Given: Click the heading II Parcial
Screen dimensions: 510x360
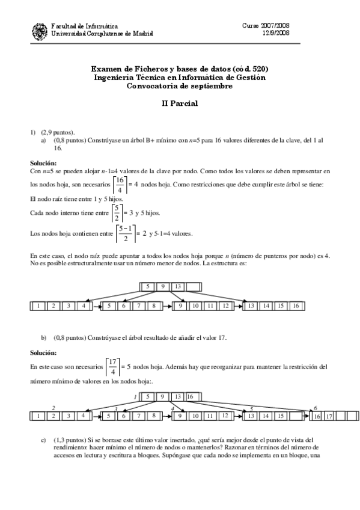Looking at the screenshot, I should pos(180,103).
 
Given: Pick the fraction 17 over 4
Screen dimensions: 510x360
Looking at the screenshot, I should pos(111,365).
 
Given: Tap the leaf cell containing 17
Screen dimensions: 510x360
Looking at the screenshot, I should pos(328,416).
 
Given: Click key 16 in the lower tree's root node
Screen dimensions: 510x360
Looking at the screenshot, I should pos(189,396).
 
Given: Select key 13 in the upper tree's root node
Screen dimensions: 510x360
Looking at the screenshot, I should pos(178,286).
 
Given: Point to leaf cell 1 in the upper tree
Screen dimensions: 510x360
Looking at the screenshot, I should pos(38,306).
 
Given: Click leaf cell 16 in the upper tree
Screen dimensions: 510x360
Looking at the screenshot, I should pos(295,306).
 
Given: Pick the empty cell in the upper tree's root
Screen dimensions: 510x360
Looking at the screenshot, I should pos(193,286).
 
